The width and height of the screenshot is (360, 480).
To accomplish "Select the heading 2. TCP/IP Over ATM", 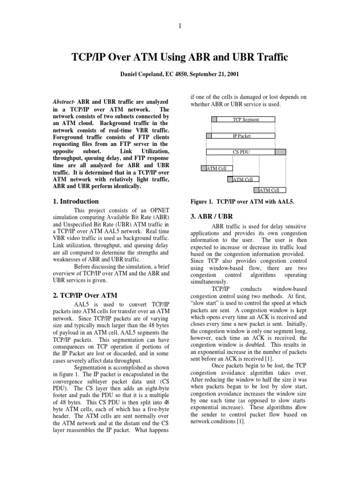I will [x=83, y=295].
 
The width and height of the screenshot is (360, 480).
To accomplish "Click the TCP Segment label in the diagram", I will [x=246, y=120].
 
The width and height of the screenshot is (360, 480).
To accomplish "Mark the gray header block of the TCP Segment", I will [x=214, y=120].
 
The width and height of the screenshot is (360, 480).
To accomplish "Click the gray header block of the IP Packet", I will [x=209, y=136].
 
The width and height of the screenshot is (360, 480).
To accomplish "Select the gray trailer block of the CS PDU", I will [x=280, y=152].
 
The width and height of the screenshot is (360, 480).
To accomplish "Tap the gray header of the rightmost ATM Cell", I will [x=256, y=190].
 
